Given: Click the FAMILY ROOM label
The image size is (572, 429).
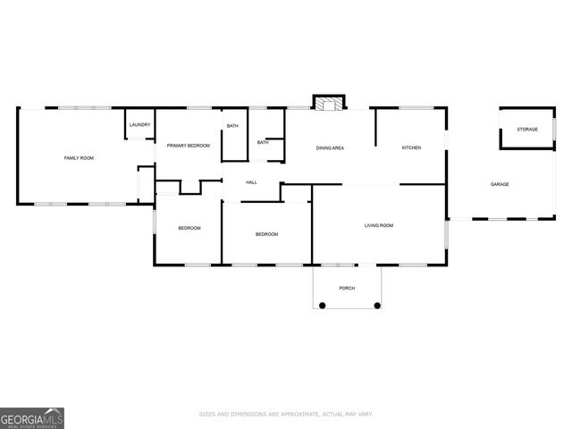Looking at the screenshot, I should (79, 158).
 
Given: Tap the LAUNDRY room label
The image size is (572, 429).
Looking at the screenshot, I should (139, 125).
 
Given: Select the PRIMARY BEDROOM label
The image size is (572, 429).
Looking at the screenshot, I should (188, 146).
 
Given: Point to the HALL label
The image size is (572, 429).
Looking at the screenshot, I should (251, 182).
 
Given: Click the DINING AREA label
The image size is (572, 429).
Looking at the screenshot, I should (330, 147).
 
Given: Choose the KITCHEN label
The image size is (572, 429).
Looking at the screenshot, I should (411, 147).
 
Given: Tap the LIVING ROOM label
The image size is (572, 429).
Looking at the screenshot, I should (379, 225).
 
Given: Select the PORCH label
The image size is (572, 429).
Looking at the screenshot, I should (347, 288).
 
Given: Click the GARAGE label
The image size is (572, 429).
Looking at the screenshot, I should (500, 184).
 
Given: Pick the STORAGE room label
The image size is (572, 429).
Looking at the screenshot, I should (527, 130).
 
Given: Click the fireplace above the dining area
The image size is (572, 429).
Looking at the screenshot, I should (327, 103).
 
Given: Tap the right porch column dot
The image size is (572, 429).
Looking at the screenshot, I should (377, 306).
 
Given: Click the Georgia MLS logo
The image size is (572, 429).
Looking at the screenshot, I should (32, 417).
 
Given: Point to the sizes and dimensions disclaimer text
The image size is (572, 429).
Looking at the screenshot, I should (285, 414).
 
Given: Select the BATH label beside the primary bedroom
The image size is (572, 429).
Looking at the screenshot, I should (232, 126).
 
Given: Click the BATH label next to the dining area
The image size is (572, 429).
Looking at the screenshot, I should (263, 142).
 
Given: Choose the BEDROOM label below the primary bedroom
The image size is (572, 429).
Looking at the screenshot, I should (189, 228).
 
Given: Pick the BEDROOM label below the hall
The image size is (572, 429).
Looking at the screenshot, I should (267, 234).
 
